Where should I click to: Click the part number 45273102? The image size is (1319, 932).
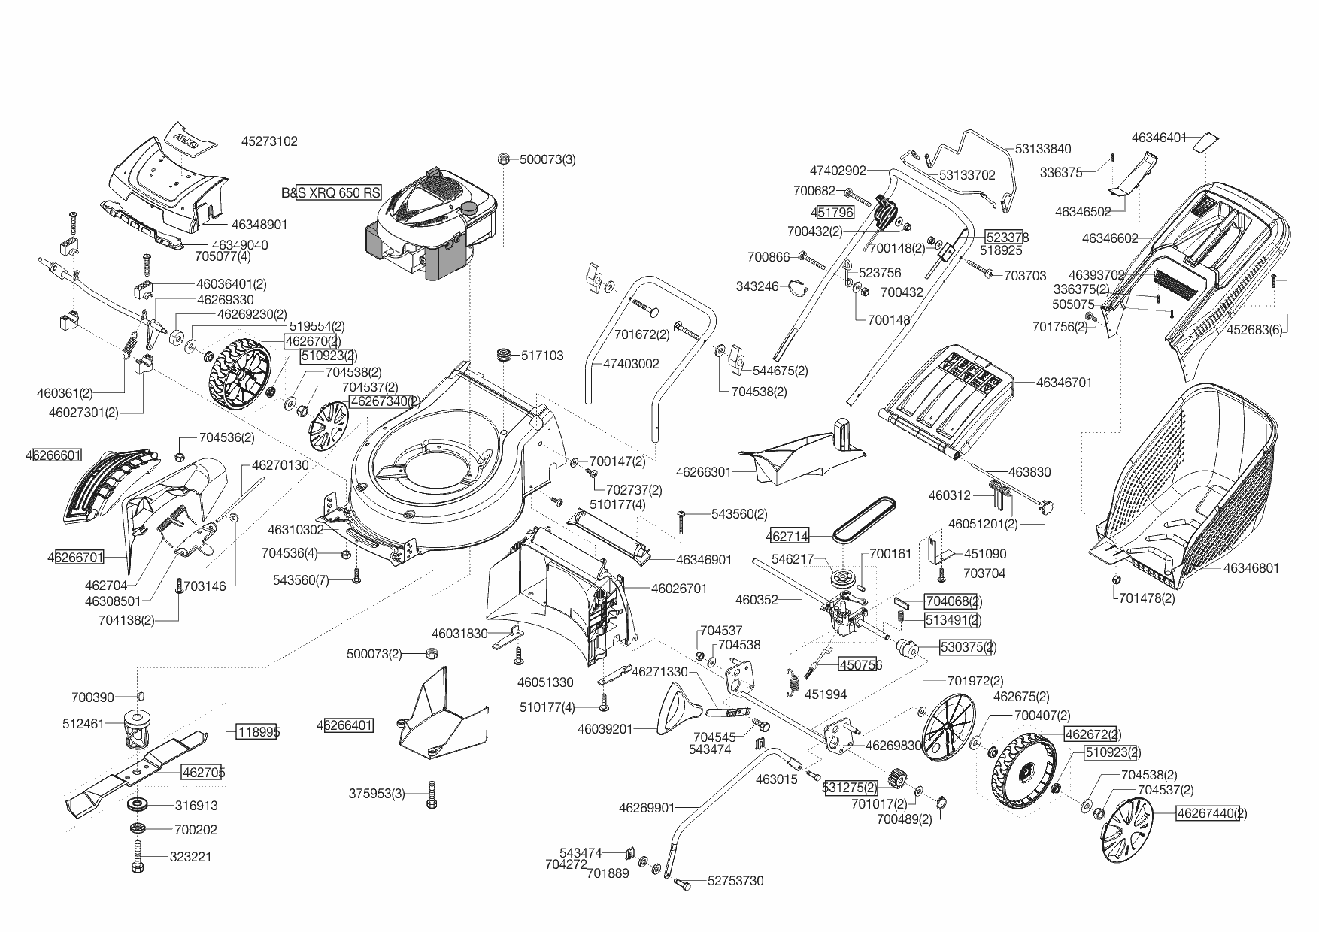tap(269, 141)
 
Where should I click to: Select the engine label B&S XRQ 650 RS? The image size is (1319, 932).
tap(331, 193)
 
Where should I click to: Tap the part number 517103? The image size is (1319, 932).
tap(542, 356)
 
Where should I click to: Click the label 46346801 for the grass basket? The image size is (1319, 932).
tap(1251, 568)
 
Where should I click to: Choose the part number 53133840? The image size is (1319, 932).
tap(1043, 149)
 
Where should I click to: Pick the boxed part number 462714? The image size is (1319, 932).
tap(787, 537)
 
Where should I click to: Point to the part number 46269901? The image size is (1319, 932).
tap(647, 808)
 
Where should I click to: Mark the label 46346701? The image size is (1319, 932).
tap(1063, 383)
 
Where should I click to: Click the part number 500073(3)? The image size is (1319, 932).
tap(547, 159)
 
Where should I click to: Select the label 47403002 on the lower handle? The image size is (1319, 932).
tap(631, 364)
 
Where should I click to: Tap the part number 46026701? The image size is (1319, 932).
tap(679, 589)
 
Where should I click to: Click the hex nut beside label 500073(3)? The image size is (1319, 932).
tap(504, 159)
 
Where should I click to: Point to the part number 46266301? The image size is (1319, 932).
tap(703, 472)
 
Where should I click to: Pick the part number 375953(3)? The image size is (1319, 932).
tap(377, 794)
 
